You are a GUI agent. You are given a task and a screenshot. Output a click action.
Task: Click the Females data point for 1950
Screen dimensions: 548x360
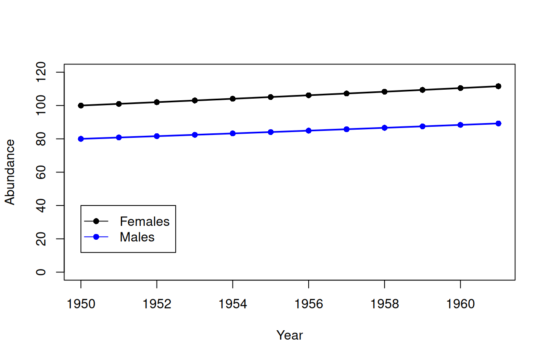coord(81,106)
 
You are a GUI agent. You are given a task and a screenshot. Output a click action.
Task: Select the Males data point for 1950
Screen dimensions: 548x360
coord(81,139)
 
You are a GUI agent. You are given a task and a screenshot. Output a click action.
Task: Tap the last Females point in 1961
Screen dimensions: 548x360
coord(498,86)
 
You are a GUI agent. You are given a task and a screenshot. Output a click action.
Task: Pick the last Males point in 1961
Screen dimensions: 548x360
coord(498,124)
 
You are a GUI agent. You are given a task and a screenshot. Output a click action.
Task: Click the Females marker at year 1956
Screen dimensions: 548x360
coord(309,95)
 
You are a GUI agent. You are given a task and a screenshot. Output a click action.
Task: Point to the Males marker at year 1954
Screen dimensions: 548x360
coord(233,134)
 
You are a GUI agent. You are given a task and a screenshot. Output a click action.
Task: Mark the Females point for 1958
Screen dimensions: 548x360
coord(384,92)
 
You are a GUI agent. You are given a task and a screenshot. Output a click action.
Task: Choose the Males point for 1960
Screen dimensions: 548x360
coord(460,125)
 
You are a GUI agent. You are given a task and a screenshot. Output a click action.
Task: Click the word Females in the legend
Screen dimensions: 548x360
coord(145,221)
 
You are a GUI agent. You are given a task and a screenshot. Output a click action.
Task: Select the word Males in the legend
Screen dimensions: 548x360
coord(137,237)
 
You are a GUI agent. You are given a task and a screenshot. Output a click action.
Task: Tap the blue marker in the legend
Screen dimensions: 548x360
coord(96,237)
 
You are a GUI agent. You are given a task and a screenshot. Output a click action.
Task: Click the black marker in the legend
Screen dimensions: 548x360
coord(96,221)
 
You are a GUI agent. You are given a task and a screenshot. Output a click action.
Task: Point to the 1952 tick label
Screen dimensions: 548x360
coord(157,304)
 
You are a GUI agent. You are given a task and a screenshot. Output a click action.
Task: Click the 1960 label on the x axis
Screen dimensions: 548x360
coord(460,304)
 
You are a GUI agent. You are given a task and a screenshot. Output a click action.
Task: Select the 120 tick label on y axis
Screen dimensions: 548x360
coord(41,72)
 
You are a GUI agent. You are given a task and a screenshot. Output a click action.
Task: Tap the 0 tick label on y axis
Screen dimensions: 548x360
coord(41,272)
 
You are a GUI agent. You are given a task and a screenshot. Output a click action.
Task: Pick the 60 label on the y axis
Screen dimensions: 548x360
coord(41,172)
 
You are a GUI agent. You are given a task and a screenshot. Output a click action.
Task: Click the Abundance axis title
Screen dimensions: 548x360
coord(10,172)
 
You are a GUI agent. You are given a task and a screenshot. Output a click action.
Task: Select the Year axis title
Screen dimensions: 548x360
coord(289,335)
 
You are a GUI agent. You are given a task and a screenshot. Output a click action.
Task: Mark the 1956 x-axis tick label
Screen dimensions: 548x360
coord(309,304)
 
